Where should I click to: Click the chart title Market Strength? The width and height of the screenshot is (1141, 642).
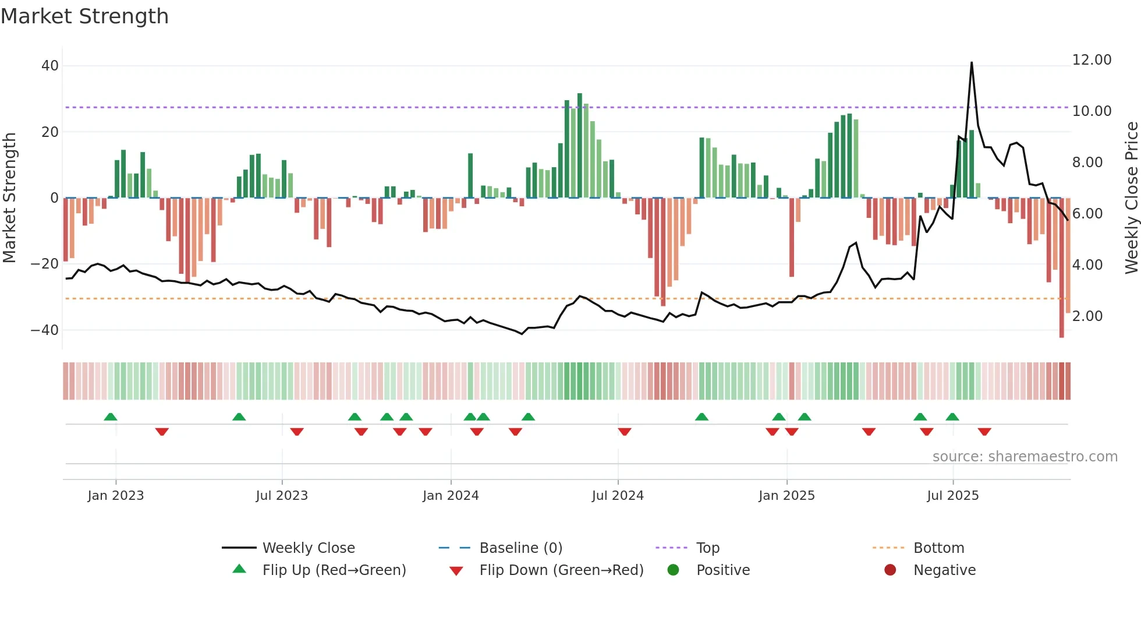point(85,16)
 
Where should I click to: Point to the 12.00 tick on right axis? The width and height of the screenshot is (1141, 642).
point(1092,60)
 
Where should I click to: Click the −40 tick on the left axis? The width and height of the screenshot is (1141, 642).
point(45,330)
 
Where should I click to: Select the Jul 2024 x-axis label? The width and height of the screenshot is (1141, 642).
point(618,496)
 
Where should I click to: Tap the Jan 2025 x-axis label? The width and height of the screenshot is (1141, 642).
point(786,496)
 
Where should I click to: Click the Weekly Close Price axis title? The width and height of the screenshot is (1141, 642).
point(1131,198)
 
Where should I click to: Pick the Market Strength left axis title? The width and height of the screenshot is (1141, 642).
point(10,198)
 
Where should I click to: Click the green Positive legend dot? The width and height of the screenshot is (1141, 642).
point(674,570)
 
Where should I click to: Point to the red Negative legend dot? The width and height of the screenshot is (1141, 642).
point(890,570)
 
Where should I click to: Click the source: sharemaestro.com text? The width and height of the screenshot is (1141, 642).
point(1025,457)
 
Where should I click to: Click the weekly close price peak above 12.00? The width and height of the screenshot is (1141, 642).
point(972,63)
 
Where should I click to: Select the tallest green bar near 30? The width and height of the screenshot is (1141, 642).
point(580,146)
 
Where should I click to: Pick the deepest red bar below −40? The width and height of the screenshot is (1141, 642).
point(1061,268)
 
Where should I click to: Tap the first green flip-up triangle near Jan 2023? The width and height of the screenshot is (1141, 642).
point(111,417)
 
